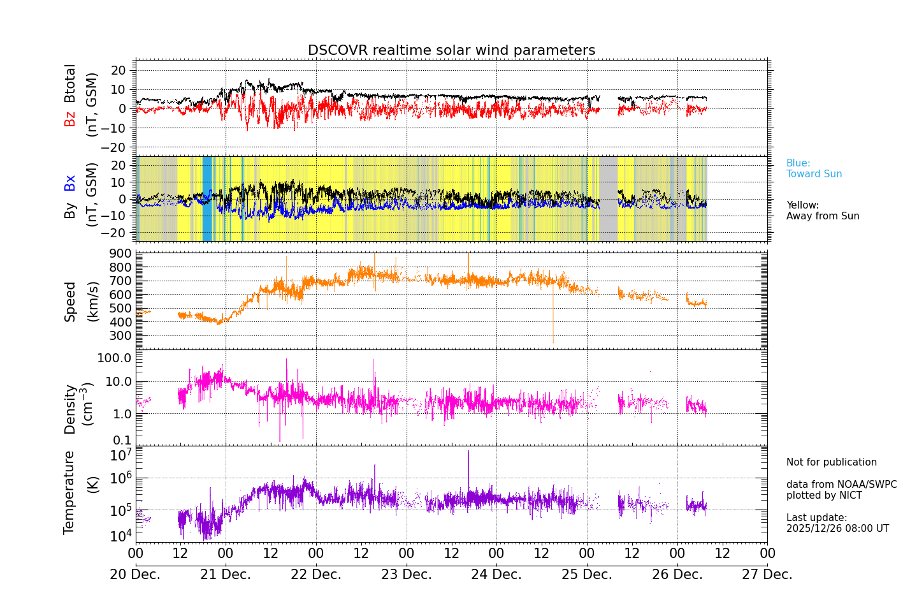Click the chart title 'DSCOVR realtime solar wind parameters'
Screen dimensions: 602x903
[x=451, y=50]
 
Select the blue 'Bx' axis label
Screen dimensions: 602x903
[x=70, y=183]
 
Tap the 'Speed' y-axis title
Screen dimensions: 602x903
[x=70, y=302]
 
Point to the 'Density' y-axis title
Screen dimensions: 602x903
[x=70, y=409]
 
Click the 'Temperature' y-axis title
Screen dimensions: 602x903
[x=69, y=492]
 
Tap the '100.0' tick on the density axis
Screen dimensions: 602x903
[x=114, y=358]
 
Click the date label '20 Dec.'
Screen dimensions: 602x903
[x=135, y=575]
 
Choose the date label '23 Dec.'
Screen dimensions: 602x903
[x=407, y=575]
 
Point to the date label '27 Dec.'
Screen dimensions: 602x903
[x=767, y=575]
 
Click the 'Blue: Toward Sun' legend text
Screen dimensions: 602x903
[x=814, y=169]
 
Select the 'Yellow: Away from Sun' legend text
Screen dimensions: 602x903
[x=822, y=211]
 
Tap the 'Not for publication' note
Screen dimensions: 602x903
[x=831, y=462]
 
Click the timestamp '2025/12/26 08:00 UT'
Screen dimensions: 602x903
[x=837, y=529]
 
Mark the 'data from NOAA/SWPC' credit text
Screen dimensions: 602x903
[x=841, y=485]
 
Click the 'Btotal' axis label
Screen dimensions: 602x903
[x=70, y=83]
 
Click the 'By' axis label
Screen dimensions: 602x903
[x=70, y=210]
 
